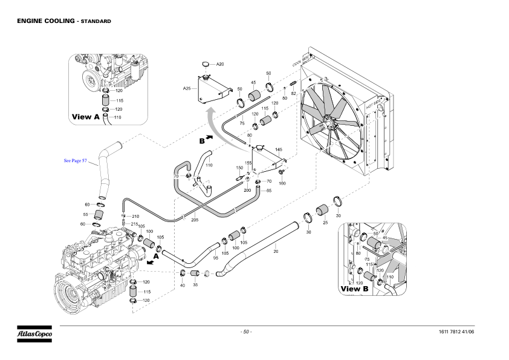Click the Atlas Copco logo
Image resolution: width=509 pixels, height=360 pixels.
(34, 333)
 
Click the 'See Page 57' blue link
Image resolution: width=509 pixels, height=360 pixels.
(76, 161)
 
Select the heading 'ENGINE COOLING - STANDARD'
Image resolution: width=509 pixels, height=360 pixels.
(63, 21)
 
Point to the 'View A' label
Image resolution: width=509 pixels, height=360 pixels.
(85, 116)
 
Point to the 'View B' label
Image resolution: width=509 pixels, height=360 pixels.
(354, 289)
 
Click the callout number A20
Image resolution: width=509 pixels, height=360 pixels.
(220, 64)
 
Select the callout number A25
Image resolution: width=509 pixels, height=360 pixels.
(187, 88)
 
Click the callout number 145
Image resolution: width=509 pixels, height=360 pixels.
(278, 149)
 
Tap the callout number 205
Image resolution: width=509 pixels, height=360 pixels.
(195, 220)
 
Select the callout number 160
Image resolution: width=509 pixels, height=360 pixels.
(282, 183)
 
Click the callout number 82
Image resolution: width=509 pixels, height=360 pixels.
(293, 93)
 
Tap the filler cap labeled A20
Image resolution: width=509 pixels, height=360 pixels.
(206, 64)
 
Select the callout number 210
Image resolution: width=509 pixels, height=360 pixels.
(135, 216)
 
